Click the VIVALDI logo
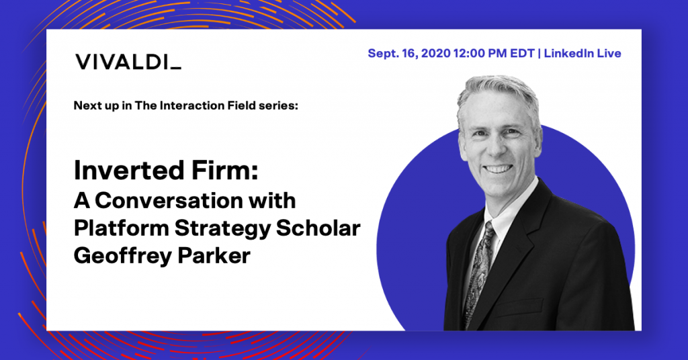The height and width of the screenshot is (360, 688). click(128, 62)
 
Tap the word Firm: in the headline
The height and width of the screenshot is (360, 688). click(224, 170)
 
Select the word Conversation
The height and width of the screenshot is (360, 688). click(169, 201)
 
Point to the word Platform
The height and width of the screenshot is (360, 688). click(121, 228)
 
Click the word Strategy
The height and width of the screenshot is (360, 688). click(222, 229)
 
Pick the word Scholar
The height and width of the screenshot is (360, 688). click(318, 228)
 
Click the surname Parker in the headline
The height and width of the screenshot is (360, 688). click(214, 256)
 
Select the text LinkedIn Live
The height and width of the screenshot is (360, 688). click(583, 54)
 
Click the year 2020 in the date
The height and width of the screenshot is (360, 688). click(435, 54)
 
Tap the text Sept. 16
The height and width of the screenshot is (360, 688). click(392, 54)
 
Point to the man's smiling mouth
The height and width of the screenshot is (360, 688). click(499, 169)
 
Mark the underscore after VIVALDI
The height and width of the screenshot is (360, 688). click(175, 69)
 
